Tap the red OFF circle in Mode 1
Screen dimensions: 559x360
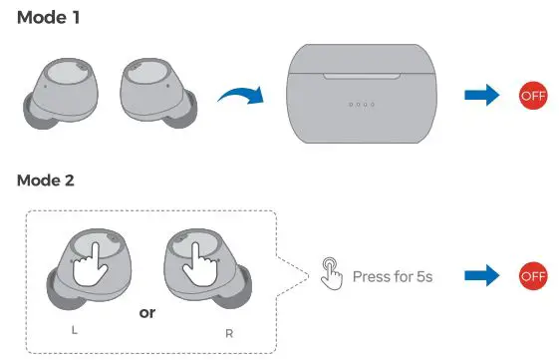point(534,96)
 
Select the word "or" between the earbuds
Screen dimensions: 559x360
point(147,312)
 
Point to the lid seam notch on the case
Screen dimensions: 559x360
point(365,73)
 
